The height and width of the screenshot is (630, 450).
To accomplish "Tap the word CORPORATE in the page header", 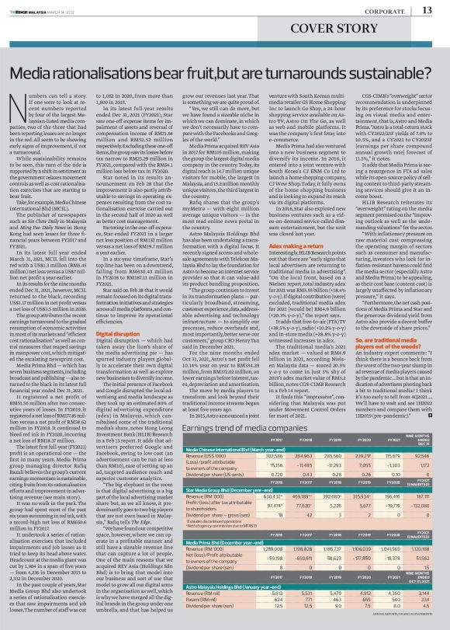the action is pyautogui.click(x=382, y=10).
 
